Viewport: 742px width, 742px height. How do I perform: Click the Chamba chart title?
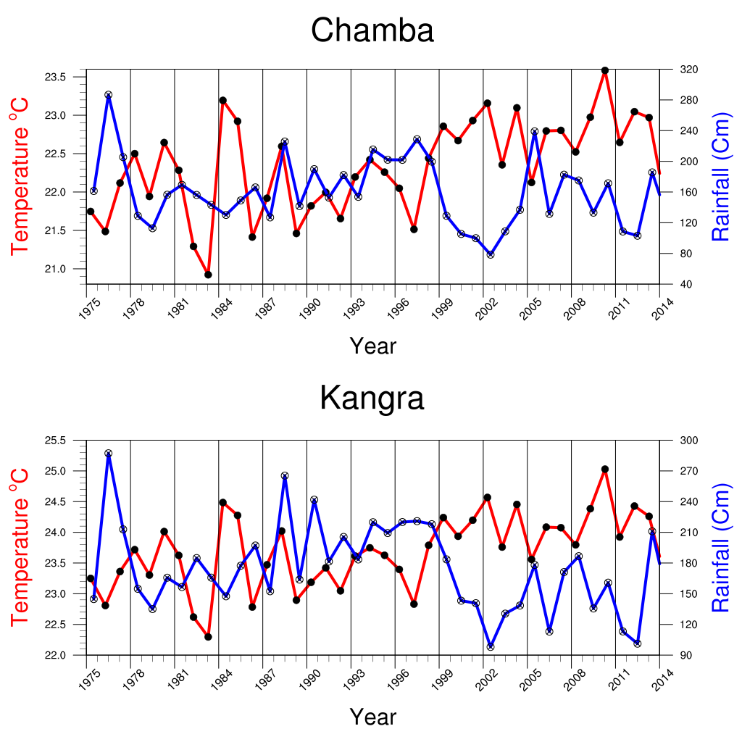click(x=372, y=30)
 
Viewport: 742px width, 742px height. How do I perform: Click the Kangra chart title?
click(x=372, y=398)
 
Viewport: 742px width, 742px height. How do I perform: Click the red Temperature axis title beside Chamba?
click(x=20, y=177)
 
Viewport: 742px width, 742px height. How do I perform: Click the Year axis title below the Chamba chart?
click(x=372, y=346)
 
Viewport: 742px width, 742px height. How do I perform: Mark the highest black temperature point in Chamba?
click(x=605, y=70)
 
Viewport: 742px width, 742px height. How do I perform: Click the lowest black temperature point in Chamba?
click(x=208, y=275)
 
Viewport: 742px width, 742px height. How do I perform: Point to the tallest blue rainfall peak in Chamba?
click(x=109, y=95)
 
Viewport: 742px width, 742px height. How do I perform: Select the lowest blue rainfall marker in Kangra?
click(x=491, y=646)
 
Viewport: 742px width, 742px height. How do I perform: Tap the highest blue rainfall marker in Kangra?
click(x=109, y=454)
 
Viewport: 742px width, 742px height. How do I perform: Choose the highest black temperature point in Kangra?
click(x=605, y=470)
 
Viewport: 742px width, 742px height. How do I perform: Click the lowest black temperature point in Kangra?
click(x=208, y=637)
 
